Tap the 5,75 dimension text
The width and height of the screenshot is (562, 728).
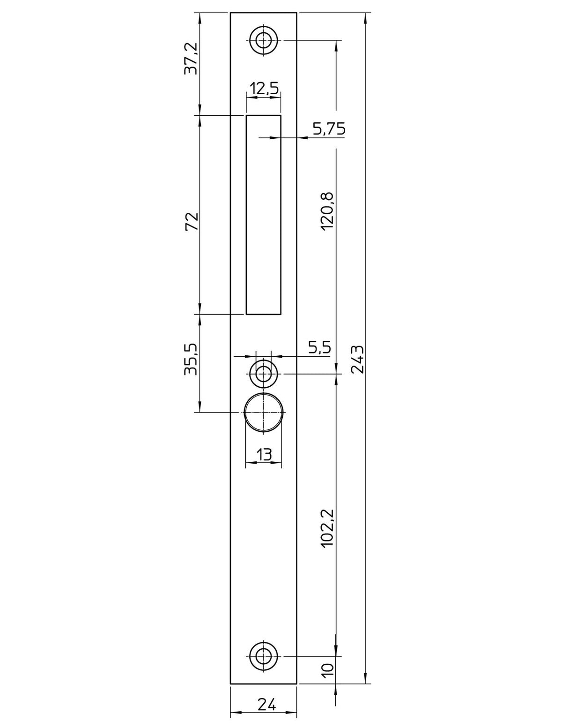329,128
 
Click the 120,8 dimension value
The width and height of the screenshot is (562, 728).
327,211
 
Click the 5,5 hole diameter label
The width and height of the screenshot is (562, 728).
319,347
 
